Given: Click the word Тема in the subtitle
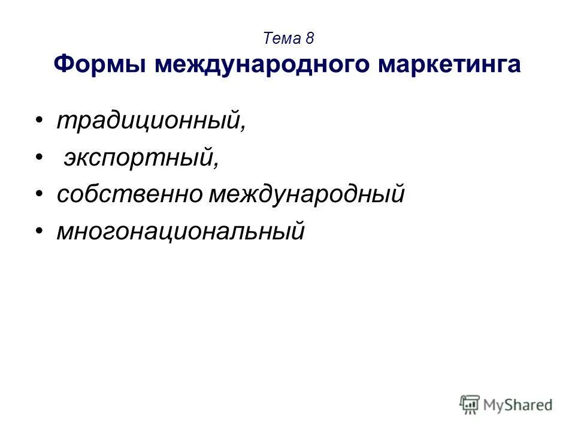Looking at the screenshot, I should (282, 39).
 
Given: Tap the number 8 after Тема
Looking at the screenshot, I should (310, 39).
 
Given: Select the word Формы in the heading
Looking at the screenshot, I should (101, 64).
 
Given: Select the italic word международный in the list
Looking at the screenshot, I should (306, 194).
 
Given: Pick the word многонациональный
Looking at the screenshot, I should (180, 230).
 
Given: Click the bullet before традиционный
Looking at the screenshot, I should (39, 122).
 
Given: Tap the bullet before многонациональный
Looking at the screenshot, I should (39, 230).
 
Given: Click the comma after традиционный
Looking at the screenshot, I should (243, 129).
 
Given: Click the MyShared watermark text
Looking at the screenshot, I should (518, 405).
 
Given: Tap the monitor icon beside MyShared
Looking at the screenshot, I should (471, 404).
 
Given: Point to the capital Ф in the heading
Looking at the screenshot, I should (63, 64).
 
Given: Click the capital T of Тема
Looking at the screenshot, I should (268, 39).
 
